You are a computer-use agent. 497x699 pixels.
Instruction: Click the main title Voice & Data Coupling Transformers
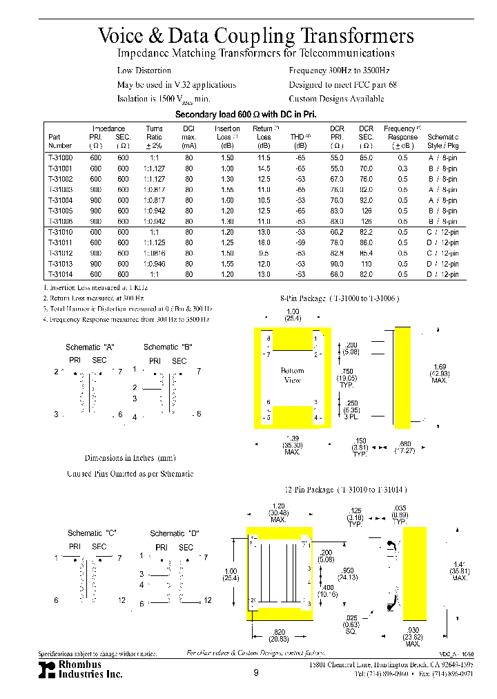point(256,35)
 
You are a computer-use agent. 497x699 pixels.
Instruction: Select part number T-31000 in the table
point(60,158)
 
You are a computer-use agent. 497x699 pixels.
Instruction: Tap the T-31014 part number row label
point(60,274)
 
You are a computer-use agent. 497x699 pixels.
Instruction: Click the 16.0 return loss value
point(263,242)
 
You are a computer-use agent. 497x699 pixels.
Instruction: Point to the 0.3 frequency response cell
point(402,168)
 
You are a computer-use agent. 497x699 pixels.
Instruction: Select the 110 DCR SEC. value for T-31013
point(366,264)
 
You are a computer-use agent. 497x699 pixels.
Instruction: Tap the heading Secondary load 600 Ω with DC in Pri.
point(246,115)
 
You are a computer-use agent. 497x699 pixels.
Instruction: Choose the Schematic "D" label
point(175,533)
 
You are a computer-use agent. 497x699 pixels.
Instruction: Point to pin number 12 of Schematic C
point(121,601)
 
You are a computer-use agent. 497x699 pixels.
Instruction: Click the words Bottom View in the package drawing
point(292,375)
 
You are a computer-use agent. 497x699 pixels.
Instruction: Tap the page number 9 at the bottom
point(255,672)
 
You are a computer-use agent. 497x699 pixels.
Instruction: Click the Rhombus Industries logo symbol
point(47,669)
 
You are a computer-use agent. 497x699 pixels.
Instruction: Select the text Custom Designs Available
point(336,99)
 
